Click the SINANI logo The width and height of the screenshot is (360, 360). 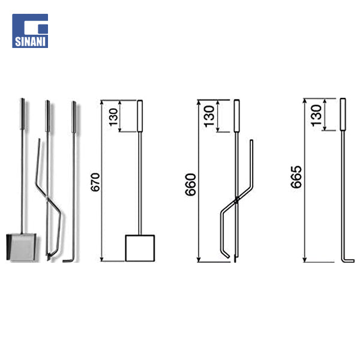tap(30, 31)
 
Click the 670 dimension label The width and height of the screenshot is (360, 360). tap(95, 182)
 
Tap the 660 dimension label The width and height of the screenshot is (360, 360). tap(191, 185)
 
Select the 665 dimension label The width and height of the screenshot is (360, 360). tap(296, 177)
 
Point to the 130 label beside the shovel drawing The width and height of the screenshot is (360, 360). tap(113, 117)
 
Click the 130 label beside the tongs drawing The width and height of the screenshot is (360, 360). tap(209, 116)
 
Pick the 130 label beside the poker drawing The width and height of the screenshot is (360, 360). tap(316, 115)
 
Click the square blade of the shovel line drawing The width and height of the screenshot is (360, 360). tap(140, 248)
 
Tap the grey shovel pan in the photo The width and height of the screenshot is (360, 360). tap(21, 247)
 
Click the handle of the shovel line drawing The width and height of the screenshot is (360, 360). tap(140, 116)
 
